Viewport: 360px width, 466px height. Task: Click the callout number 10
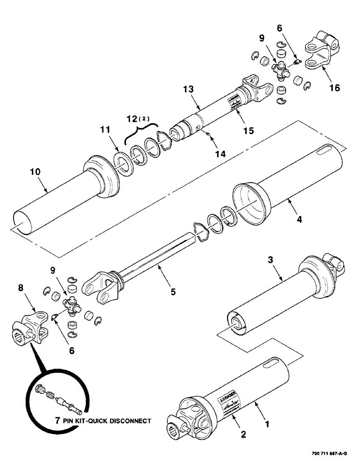(35, 172)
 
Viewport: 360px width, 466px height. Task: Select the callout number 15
(248, 131)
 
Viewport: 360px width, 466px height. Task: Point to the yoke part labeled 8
(30, 330)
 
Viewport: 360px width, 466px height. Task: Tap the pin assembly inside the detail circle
(58, 397)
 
